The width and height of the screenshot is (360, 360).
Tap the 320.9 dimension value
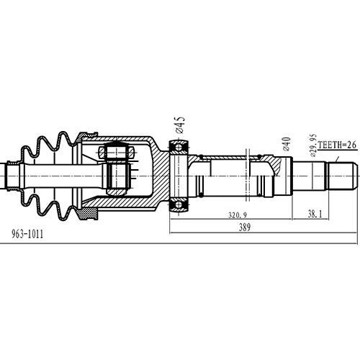pyautogui.click(x=238, y=215)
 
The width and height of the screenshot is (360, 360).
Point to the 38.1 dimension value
pyautogui.click(x=314, y=215)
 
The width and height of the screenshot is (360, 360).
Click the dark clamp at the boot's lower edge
pyautogui.click(x=89, y=214)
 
